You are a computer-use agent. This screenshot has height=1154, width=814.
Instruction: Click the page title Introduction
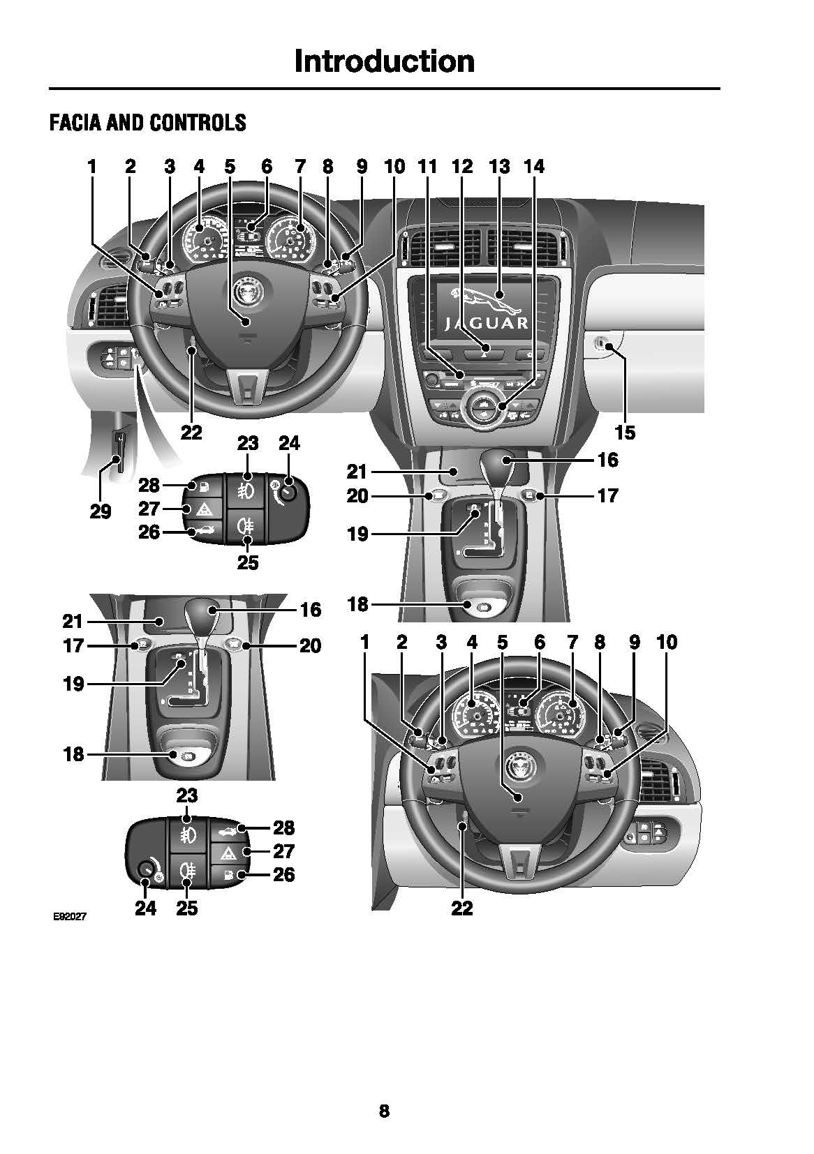click(x=384, y=61)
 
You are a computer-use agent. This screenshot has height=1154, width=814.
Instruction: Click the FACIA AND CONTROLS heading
click(x=147, y=123)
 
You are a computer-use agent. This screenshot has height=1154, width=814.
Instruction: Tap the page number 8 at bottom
click(x=384, y=1110)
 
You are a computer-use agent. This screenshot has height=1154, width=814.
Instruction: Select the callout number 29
click(x=101, y=511)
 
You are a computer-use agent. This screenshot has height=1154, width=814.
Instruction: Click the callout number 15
click(x=625, y=433)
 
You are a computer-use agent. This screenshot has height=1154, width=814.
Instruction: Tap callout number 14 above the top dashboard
click(x=533, y=166)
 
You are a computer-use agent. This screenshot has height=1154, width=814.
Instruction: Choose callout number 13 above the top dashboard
click(x=499, y=166)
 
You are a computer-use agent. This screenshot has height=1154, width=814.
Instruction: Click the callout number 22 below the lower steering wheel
click(x=462, y=908)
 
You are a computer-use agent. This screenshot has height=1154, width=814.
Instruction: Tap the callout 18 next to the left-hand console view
click(x=73, y=754)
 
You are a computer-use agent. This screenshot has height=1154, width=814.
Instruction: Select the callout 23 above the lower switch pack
click(x=187, y=795)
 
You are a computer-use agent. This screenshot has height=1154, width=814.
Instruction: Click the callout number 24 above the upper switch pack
click(x=289, y=443)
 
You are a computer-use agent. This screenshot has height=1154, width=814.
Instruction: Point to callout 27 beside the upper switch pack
click(x=149, y=508)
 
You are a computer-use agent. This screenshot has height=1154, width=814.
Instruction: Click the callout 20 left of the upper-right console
click(x=357, y=495)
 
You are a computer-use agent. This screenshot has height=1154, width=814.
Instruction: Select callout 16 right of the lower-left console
click(x=310, y=609)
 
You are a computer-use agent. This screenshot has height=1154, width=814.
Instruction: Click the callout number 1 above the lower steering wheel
click(x=364, y=641)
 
